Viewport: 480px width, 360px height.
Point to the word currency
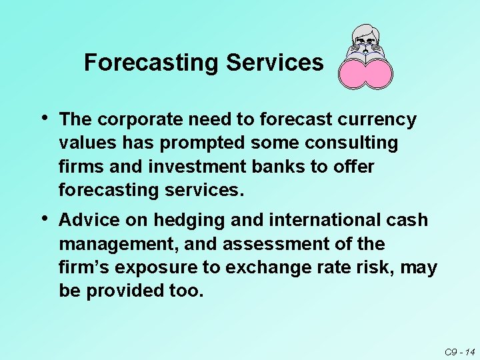[380, 120]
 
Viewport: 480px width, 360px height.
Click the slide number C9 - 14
[460, 351]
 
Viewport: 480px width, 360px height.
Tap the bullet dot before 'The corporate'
[44, 118]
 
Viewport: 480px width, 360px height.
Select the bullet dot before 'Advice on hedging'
[44, 218]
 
